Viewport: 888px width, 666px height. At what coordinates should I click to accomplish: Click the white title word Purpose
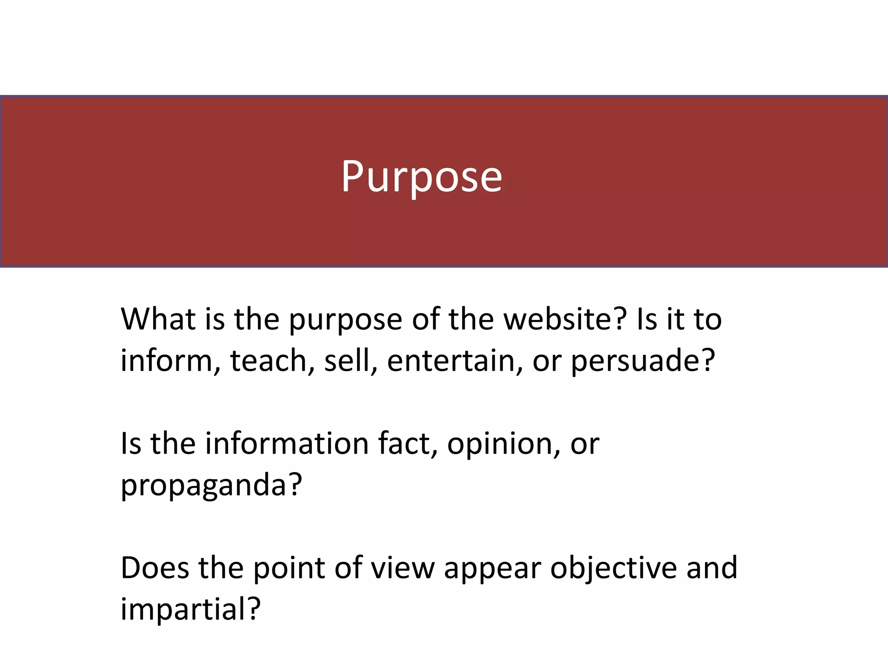click(421, 176)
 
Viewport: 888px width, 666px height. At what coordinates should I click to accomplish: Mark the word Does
click(155, 568)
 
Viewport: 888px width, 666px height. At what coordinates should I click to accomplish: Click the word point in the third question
click(289, 568)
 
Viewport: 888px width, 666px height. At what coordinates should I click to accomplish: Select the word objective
click(613, 568)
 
